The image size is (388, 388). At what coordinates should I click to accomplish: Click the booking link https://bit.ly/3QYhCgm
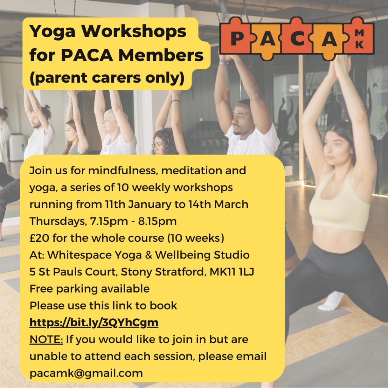point(94,323)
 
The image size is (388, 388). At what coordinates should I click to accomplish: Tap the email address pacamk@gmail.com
point(86,373)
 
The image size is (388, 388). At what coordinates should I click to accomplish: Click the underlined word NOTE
point(46,339)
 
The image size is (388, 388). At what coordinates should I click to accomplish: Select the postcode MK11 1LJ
point(232,272)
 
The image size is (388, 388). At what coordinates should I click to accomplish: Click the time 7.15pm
point(109,221)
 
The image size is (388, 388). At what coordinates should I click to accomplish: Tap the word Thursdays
point(58,221)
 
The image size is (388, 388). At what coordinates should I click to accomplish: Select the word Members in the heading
point(161,55)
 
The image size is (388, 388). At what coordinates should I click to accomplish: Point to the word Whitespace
point(80,255)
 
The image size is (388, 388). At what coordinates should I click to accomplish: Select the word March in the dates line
point(231,204)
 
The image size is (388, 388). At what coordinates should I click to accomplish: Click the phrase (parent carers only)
point(107,78)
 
